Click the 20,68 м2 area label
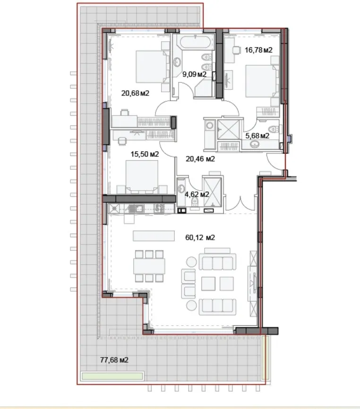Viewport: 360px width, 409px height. coord(135,93)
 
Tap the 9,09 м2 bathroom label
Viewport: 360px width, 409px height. coord(195,74)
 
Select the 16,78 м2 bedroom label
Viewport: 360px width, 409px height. coord(259,50)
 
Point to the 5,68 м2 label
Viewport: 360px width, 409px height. coord(257,136)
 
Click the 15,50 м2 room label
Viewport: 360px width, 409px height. coord(144,154)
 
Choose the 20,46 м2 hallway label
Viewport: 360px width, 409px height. coord(201,159)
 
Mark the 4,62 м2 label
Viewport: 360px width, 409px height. coord(197,194)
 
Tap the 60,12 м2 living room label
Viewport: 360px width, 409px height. coord(201,237)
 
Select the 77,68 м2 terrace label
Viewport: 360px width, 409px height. coord(114,360)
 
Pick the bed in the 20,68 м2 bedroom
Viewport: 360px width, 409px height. coord(152,66)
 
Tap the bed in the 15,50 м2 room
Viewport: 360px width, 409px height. coord(142,176)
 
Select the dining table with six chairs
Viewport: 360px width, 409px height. coord(149,266)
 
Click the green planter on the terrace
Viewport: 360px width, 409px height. coord(112,376)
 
